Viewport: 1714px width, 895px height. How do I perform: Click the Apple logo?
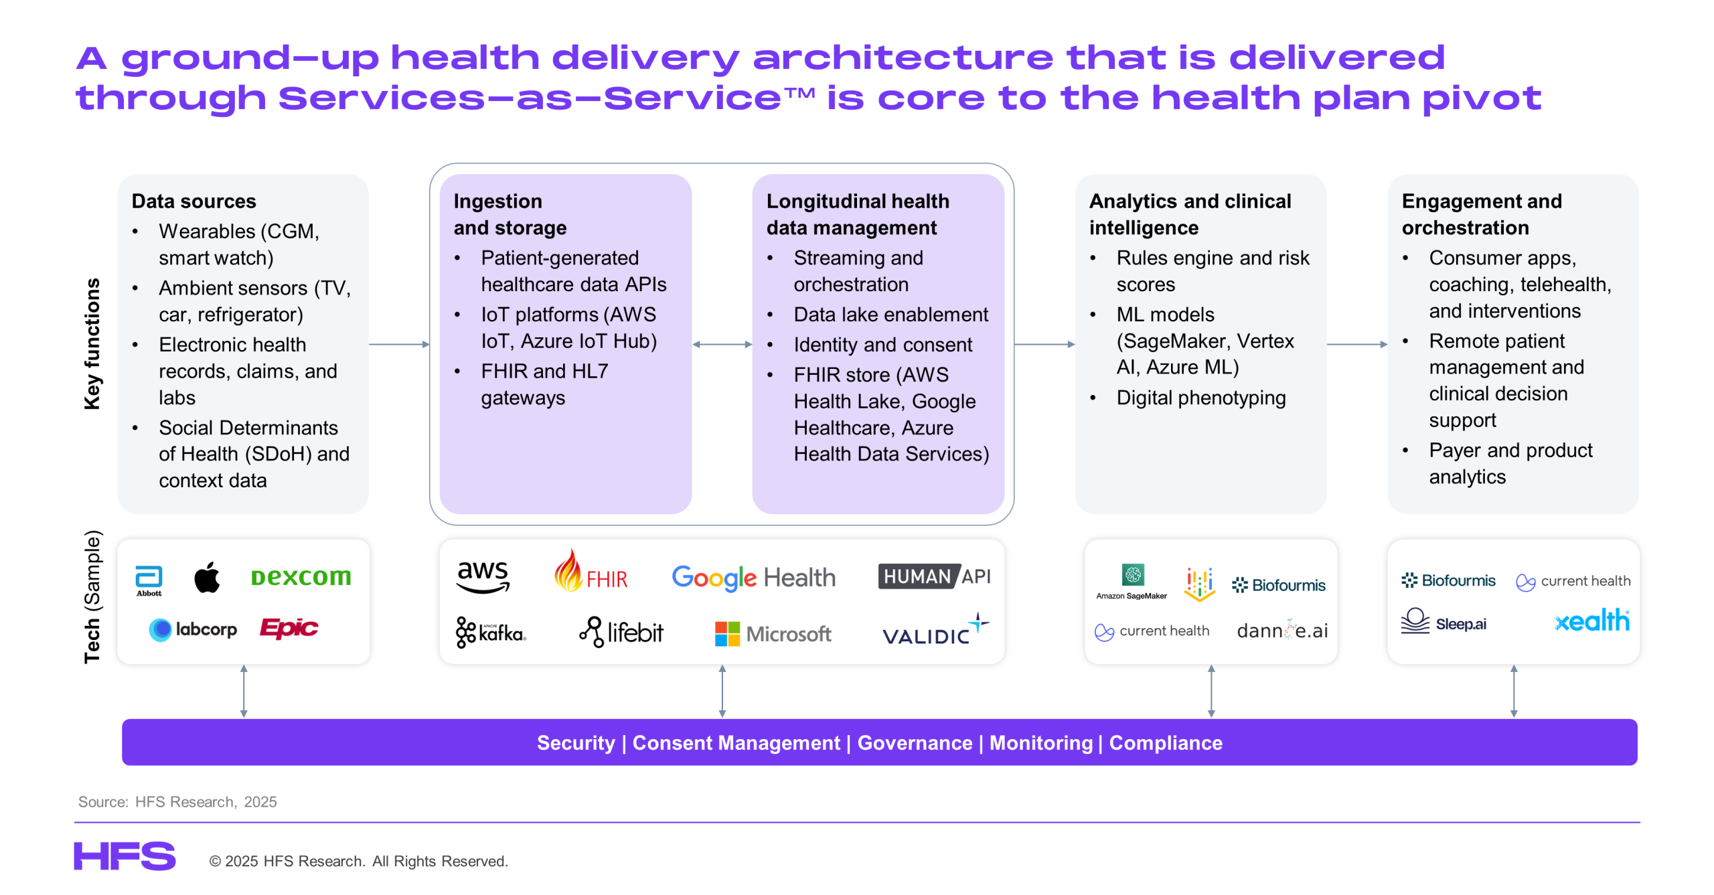(207, 577)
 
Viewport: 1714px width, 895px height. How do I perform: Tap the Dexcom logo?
(301, 576)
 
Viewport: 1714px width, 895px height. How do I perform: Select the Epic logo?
(289, 628)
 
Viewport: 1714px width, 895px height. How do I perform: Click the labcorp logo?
(193, 629)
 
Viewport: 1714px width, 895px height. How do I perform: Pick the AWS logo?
(482, 576)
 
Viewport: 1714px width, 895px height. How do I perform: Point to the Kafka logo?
(491, 632)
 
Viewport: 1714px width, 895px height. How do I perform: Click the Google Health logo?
(753, 577)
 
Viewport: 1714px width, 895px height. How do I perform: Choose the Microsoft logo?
(773, 633)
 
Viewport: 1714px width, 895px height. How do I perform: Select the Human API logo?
(934, 576)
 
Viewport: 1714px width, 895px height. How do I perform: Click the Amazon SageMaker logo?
(1132, 581)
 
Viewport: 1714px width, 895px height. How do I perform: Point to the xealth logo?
(1591, 621)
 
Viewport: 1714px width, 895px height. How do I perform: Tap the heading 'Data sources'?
(193, 201)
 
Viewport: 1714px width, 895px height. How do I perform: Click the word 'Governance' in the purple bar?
(915, 742)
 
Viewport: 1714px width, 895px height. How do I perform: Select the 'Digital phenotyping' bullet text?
(1200, 398)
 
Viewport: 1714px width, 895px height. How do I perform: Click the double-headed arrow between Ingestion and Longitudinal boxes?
(722, 344)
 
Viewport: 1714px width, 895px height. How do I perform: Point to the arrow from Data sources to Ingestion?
(399, 344)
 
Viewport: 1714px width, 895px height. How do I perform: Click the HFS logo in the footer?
(125, 856)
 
